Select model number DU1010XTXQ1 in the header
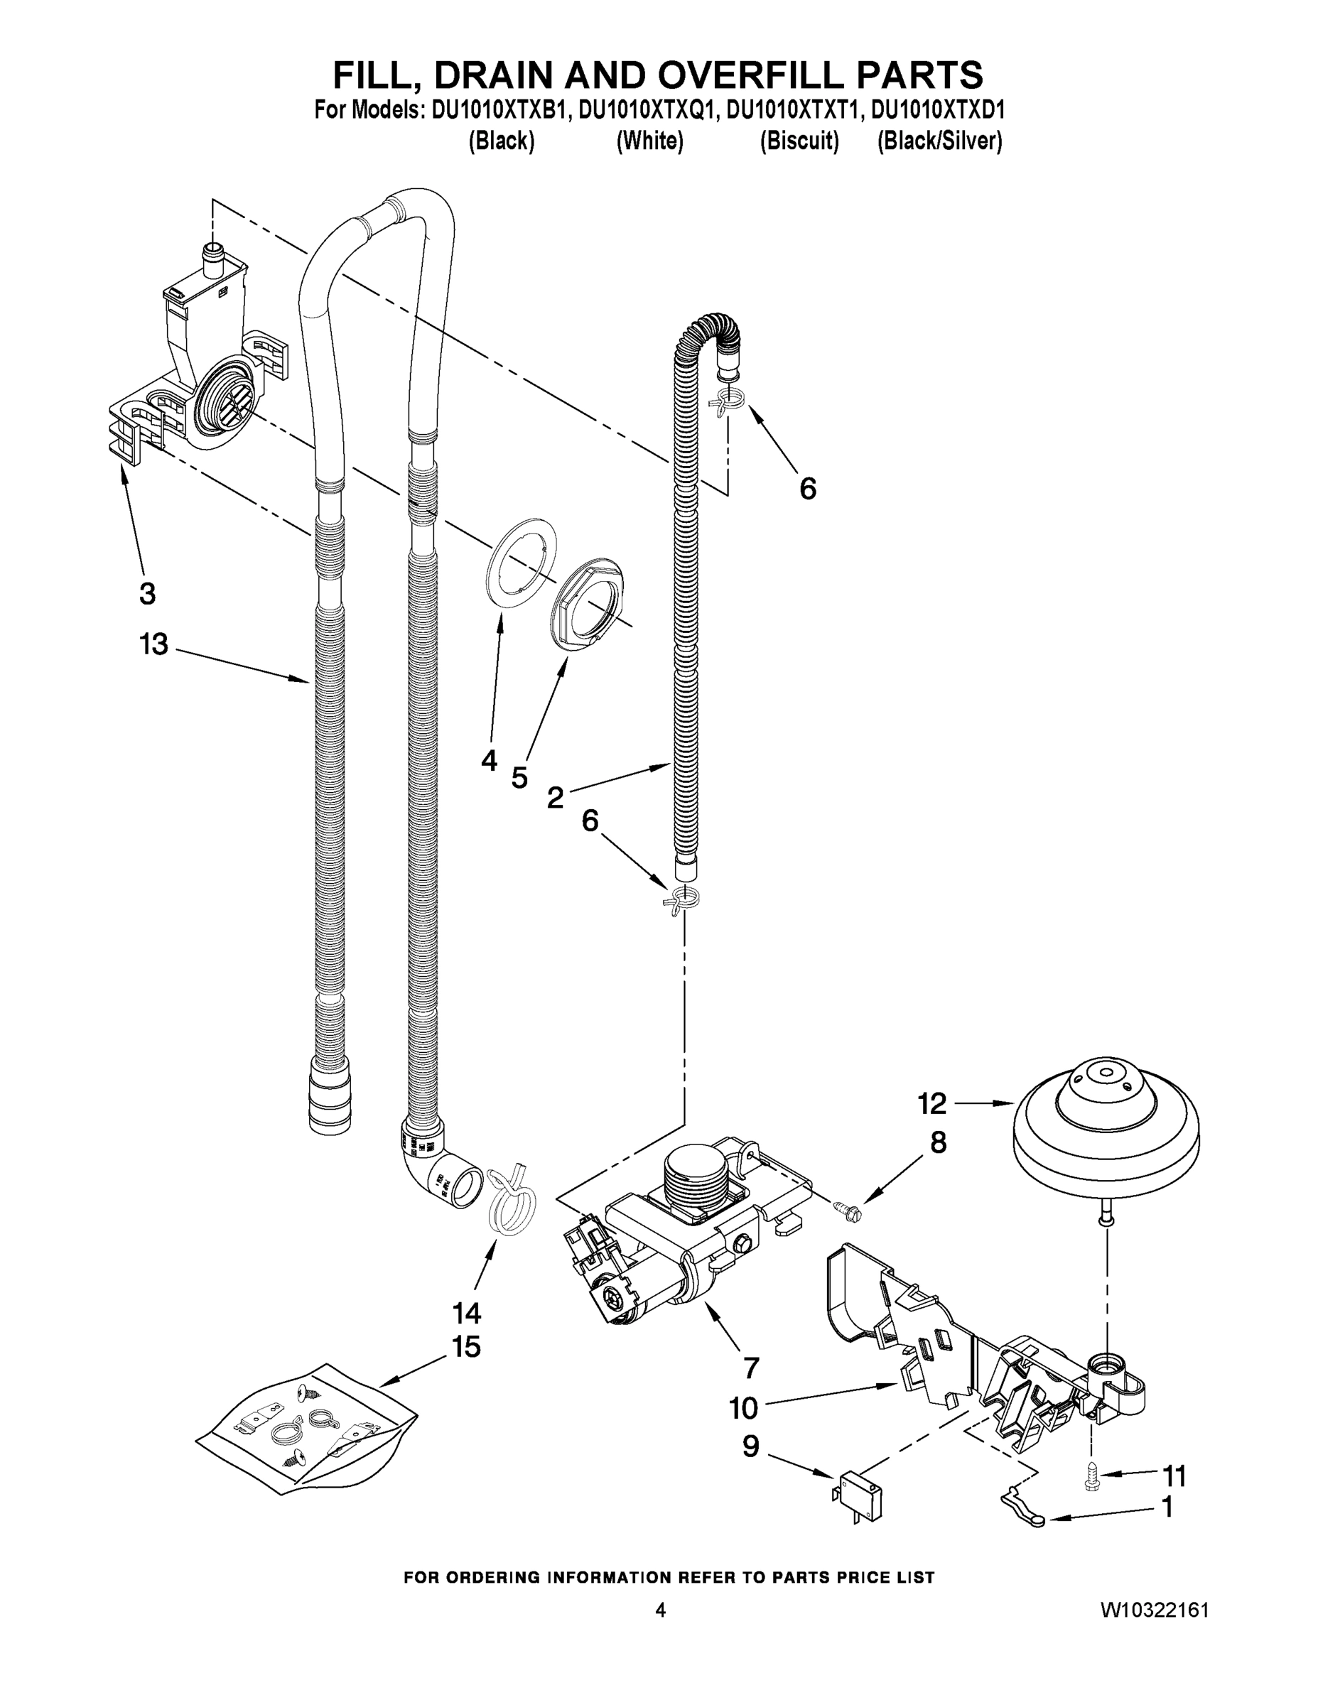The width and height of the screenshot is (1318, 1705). pyautogui.click(x=647, y=111)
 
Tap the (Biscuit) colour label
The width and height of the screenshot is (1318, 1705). pyautogui.click(x=799, y=141)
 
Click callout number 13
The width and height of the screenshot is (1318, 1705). pyautogui.click(x=153, y=644)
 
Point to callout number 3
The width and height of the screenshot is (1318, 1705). pyautogui.click(x=147, y=593)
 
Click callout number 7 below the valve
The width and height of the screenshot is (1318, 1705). pyautogui.click(x=750, y=1368)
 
